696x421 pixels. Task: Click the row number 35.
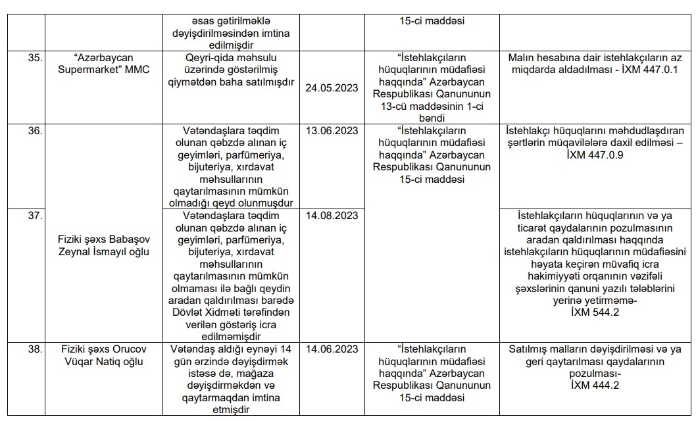point(34,58)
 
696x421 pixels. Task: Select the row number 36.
point(34,131)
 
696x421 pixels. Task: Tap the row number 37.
point(34,215)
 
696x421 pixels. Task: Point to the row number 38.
point(34,348)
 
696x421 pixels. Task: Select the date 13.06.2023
point(332,131)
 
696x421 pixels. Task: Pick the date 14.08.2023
point(332,215)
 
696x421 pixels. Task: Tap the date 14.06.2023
point(332,348)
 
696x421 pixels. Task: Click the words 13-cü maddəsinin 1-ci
point(432,107)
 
